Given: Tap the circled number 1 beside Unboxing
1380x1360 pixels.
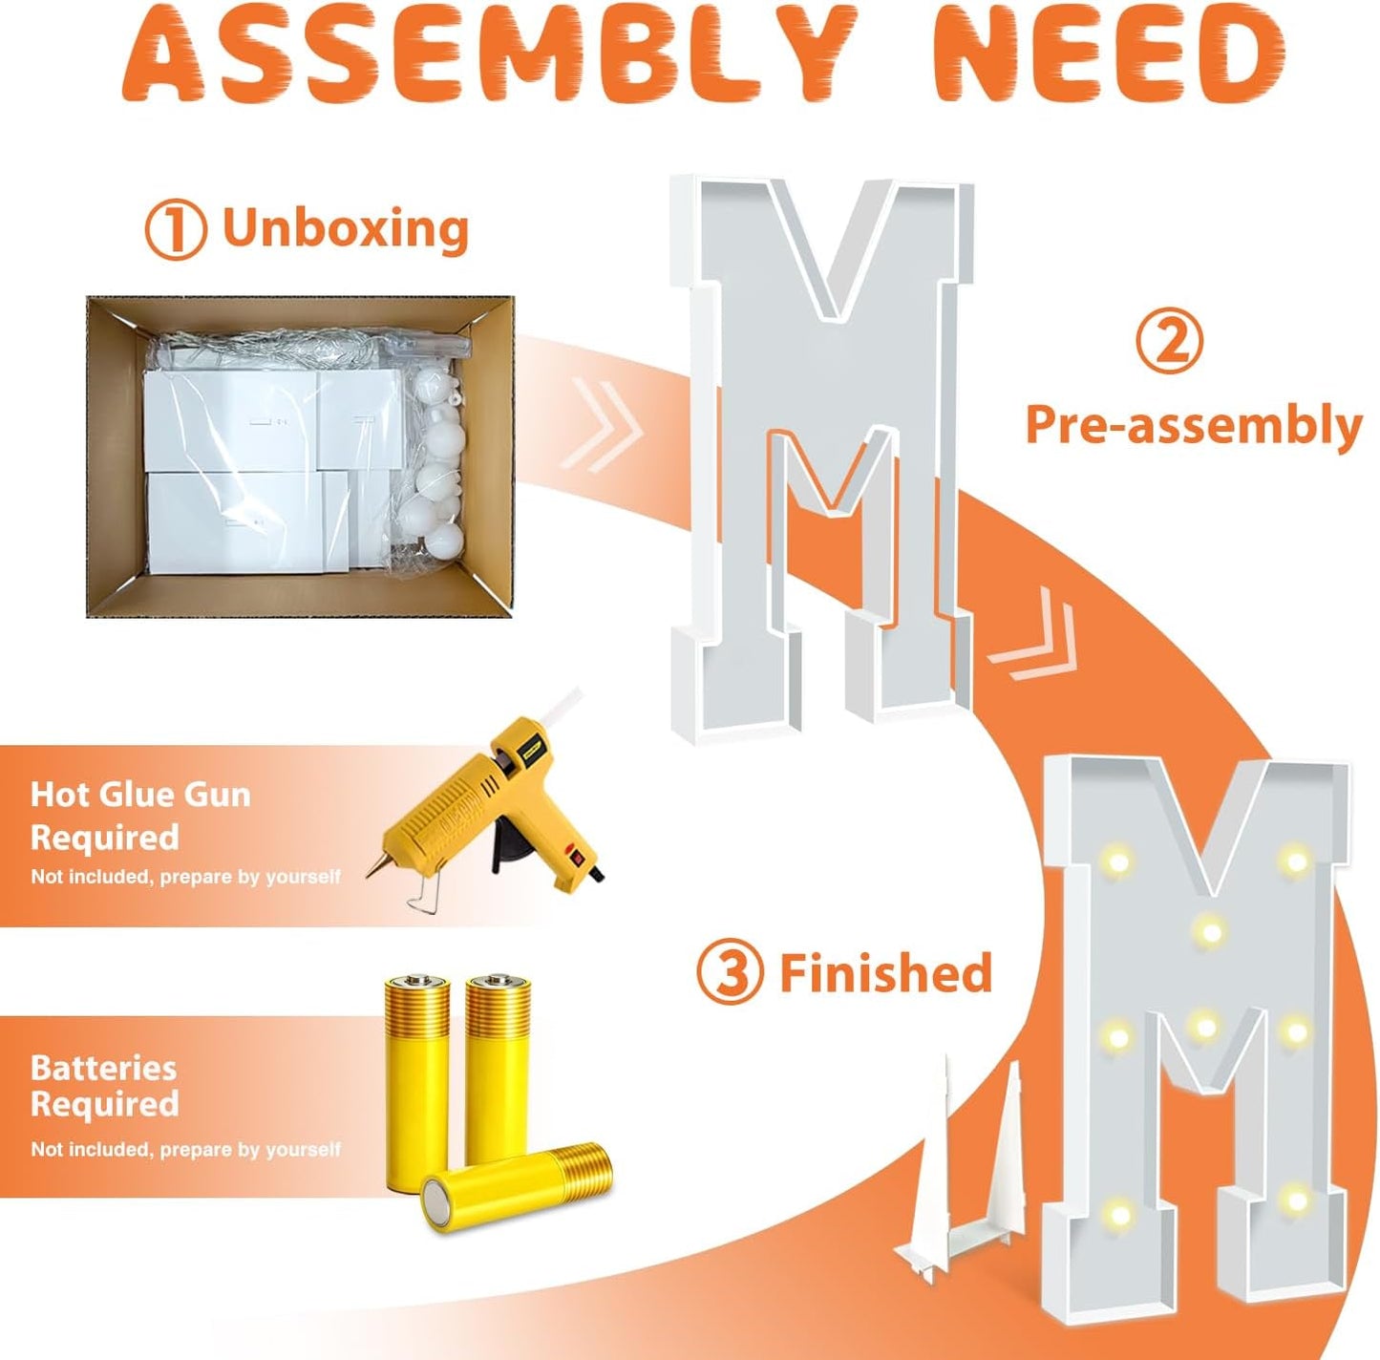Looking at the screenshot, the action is [x=176, y=230].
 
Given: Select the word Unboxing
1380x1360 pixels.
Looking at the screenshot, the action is [x=346, y=228].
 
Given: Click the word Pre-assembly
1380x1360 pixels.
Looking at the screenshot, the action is [x=1194, y=425].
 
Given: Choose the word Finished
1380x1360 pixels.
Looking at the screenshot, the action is [x=886, y=972].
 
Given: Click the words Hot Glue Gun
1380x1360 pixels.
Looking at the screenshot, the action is [x=140, y=795].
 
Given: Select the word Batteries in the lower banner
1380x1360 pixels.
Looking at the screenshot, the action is [x=104, y=1068].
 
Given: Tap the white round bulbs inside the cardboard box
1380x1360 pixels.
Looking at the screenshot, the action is [x=435, y=465].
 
